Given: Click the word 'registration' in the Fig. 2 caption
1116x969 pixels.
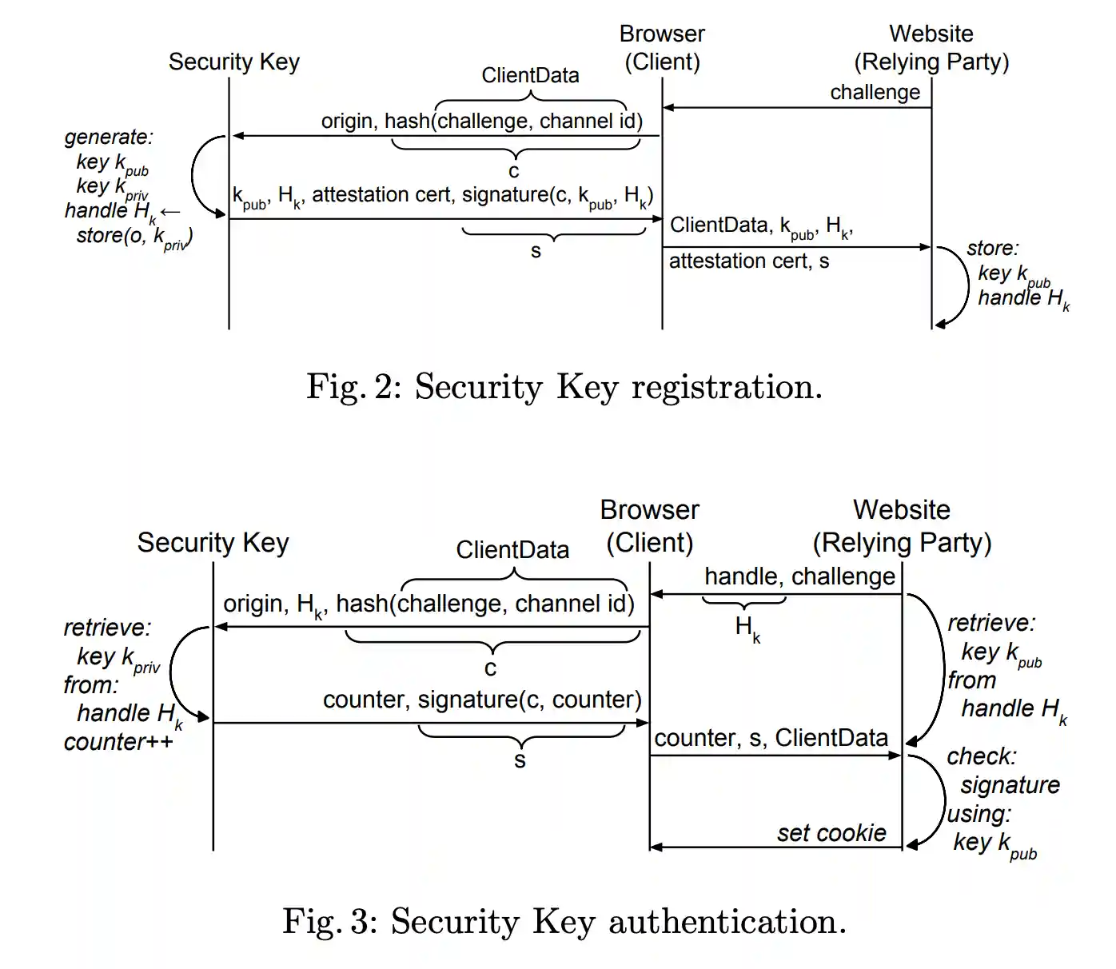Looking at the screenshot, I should pyautogui.click(x=726, y=388).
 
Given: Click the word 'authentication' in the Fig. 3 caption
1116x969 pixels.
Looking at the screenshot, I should pyautogui.click(x=727, y=922).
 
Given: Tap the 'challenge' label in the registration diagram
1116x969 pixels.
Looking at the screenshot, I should pyautogui.click(x=875, y=93).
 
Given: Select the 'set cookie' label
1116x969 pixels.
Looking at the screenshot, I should pyautogui.click(x=831, y=833).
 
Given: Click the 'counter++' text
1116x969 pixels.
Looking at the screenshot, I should pyautogui.click(x=118, y=742).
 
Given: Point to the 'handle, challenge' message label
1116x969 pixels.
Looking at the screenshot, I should pyautogui.click(x=799, y=576).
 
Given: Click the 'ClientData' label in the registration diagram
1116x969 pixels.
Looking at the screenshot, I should pyautogui.click(x=530, y=75).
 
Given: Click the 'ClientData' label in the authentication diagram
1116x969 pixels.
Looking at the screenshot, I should pyautogui.click(x=512, y=550).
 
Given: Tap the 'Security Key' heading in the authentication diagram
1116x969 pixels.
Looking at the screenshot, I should pyautogui.click(x=213, y=543).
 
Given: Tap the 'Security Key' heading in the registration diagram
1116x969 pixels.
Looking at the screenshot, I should pyautogui.click(x=233, y=62).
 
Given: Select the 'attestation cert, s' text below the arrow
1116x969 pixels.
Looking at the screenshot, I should pyautogui.click(x=748, y=261).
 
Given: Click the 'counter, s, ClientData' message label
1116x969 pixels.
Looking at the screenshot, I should pyautogui.click(x=771, y=738).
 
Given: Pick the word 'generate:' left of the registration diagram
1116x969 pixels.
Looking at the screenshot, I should pyautogui.click(x=109, y=137).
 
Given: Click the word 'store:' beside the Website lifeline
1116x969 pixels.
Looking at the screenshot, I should pyautogui.click(x=992, y=249).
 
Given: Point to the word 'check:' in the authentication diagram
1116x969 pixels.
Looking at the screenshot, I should pyautogui.click(x=982, y=756).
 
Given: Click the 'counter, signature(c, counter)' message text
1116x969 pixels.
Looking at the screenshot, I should pyautogui.click(x=482, y=700).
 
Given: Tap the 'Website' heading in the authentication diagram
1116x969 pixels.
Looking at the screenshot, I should pyautogui.click(x=902, y=510).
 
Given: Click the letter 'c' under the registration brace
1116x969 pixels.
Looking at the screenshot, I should pyautogui.click(x=514, y=171).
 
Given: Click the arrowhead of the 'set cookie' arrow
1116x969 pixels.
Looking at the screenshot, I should pyautogui.click(x=656, y=847).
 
